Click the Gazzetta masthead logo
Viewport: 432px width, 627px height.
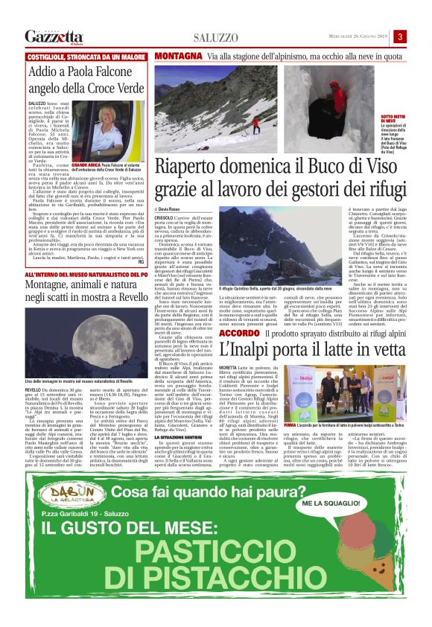click(x=54, y=36)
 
